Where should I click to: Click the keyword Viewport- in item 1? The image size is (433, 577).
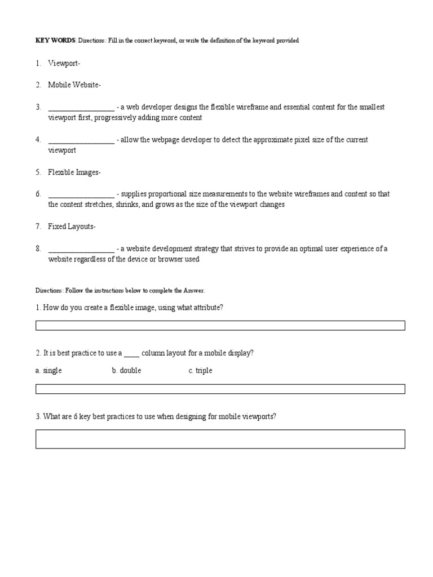coord(64,64)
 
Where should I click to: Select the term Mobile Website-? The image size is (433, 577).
coord(74,85)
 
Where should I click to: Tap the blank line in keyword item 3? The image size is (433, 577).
coord(81,108)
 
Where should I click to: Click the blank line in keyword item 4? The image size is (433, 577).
coord(81,140)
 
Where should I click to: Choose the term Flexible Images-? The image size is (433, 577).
coord(74,172)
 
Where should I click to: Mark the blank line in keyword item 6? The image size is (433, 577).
coord(81,194)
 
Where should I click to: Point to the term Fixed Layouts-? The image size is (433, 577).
coord(72,227)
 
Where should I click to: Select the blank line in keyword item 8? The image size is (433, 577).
coord(81,249)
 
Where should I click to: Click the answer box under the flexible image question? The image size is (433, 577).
coord(220,325)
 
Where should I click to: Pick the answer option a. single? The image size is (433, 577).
coord(48,371)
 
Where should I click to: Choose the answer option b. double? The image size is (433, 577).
coord(126,371)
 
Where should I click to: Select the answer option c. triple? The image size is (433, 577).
coord(200,371)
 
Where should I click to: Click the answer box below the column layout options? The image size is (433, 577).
coord(220,389)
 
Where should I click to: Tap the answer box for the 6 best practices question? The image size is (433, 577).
coord(220,439)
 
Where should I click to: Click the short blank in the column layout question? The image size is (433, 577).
coord(131,353)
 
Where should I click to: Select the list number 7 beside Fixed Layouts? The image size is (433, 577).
coord(38,227)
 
